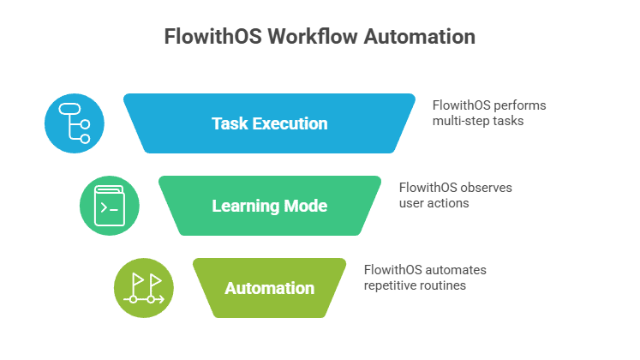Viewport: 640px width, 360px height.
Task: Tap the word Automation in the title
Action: pos(419,38)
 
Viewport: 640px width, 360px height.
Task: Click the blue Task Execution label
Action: pos(269,123)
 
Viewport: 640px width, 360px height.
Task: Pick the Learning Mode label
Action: pos(269,207)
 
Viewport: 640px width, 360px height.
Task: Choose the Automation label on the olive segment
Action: pos(269,288)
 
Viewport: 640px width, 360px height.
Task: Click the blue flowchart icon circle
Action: pos(75,123)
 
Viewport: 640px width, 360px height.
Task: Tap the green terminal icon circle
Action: pos(109,206)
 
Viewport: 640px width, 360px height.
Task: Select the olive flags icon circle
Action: pos(143,288)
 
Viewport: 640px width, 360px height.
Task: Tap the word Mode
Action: pos(308,207)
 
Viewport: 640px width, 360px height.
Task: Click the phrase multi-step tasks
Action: pos(477,121)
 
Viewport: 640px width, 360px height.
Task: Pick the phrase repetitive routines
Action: pos(415,285)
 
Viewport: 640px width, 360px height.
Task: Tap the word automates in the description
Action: pos(456,270)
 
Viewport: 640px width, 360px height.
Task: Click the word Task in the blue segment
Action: pos(228,123)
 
